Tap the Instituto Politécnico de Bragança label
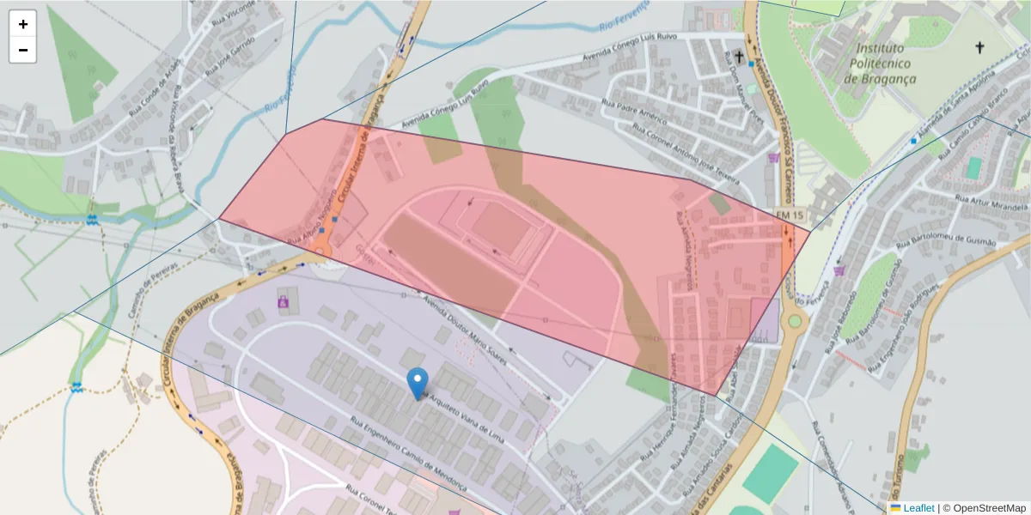pos(880,64)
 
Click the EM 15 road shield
pos(790,214)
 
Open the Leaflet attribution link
pos(918,507)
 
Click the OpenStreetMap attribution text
pos(987,507)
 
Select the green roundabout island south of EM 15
pos(795,323)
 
